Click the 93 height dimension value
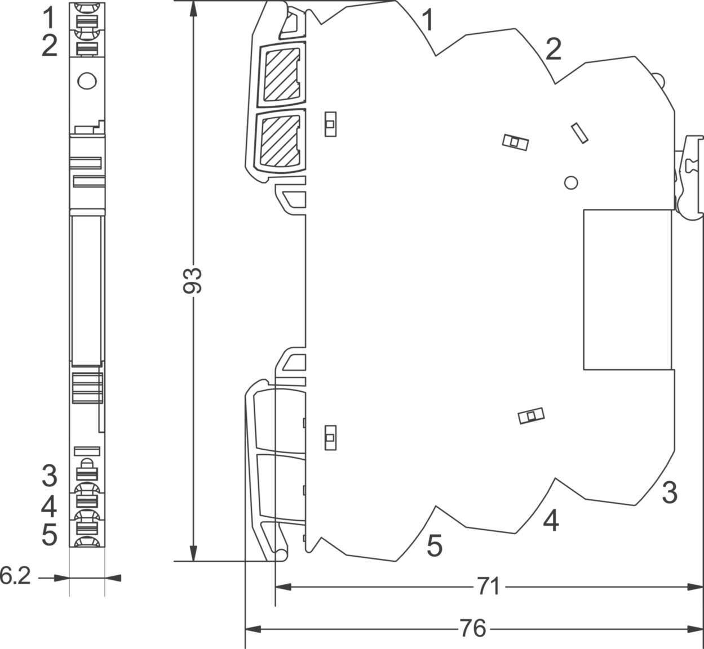pyautogui.click(x=192, y=280)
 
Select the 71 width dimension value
pyautogui.click(x=488, y=587)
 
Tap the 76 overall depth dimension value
pyautogui.click(x=473, y=629)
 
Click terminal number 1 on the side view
pyautogui.click(x=428, y=20)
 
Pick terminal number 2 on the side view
pyautogui.click(x=554, y=49)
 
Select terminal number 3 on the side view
pyautogui.click(x=670, y=493)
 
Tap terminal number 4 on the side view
pyautogui.click(x=551, y=521)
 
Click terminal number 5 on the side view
pyautogui.click(x=435, y=545)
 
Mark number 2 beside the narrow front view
pyautogui.click(x=50, y=46)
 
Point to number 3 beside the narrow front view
pyautogui.click(x=50, y=476)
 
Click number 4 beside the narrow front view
pyautogui.click(x=49, y=507)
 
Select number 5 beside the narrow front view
pyautogui.click(x=50, y=535)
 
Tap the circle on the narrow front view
pyautogui.click(x=87, y=81)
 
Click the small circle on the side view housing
pyautogui.click(x=571, y=183)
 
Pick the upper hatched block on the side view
pyautogui.click(x=282, y=74)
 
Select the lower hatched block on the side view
pyautogui.click(x=280, y=141)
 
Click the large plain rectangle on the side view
pyautogui.click(x=627, y=290)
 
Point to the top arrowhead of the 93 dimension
pyautogui.click(x=193, y=8)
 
